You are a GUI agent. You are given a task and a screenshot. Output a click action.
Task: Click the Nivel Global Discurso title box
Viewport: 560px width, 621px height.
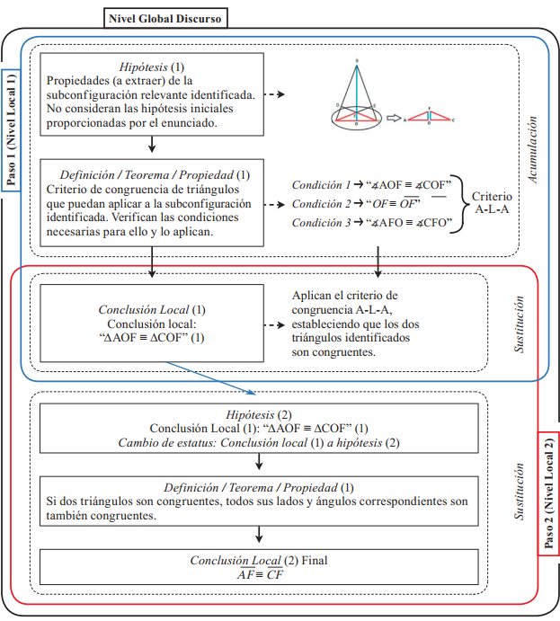[x=164, y=16]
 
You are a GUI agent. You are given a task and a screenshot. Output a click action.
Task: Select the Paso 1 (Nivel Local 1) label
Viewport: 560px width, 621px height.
[x=12, y=129]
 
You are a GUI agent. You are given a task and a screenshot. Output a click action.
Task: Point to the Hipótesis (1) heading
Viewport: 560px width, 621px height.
[x=151, y=67]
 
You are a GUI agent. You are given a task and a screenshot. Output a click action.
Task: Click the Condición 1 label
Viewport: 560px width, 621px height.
[x=322, y=185]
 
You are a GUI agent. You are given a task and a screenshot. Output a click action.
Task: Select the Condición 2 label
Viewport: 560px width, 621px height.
[x=322, y=204]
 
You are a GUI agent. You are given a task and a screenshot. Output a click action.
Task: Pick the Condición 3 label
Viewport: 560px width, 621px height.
[x=322, y=223]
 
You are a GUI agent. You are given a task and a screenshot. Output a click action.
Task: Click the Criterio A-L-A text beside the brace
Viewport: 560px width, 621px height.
[x=491, y=203]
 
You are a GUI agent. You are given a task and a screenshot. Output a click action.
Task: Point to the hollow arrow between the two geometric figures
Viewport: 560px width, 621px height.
[x=392, y=117]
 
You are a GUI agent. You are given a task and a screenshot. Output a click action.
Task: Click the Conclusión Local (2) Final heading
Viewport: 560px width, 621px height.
[x=258, y=561]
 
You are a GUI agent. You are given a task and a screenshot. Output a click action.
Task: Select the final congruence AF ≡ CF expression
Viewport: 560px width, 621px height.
[x=258, y=575]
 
